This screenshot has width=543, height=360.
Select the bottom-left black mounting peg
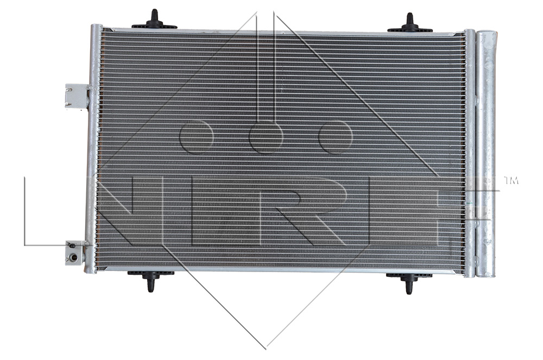[x=150, y=279]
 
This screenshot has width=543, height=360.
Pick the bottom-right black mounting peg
[x=409, y=281]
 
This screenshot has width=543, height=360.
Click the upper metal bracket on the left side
[x=77, y=96]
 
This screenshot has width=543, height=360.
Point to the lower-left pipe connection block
[x=75, y=252]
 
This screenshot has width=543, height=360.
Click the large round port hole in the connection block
[x=73, y=257]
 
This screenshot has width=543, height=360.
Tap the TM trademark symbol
[x=511, y=180]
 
